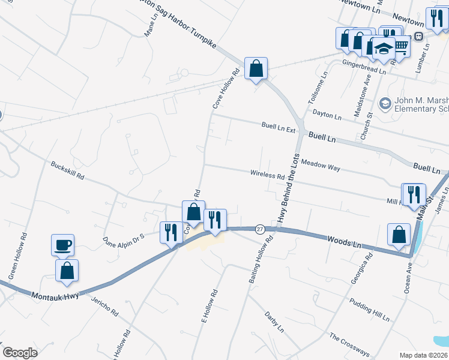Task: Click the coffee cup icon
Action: pyautogui.click(x=62, y=245)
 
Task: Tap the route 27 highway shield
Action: pyautogui.click(x=259, y=229)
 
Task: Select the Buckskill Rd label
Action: pyautogui.click(x=67, y=171)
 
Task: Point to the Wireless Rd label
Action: pyautogui.click(x=267, y=175)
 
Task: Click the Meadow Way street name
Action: pyautogui.click(x=321, y=166)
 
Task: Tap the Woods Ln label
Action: pyautogui.click(x=344, y=242)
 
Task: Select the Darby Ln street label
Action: pyautogui.click(x=274, y=322)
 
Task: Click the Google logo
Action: pyautogui.click(x=20, y=352)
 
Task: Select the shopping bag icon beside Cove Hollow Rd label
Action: pyautogui.click(x=193, y=212)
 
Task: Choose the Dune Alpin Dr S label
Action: pyautogui.click(x=124, y=241)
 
